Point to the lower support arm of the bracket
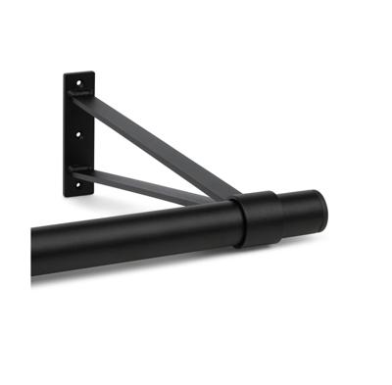click(147, 183)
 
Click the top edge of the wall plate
click(78, 72)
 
